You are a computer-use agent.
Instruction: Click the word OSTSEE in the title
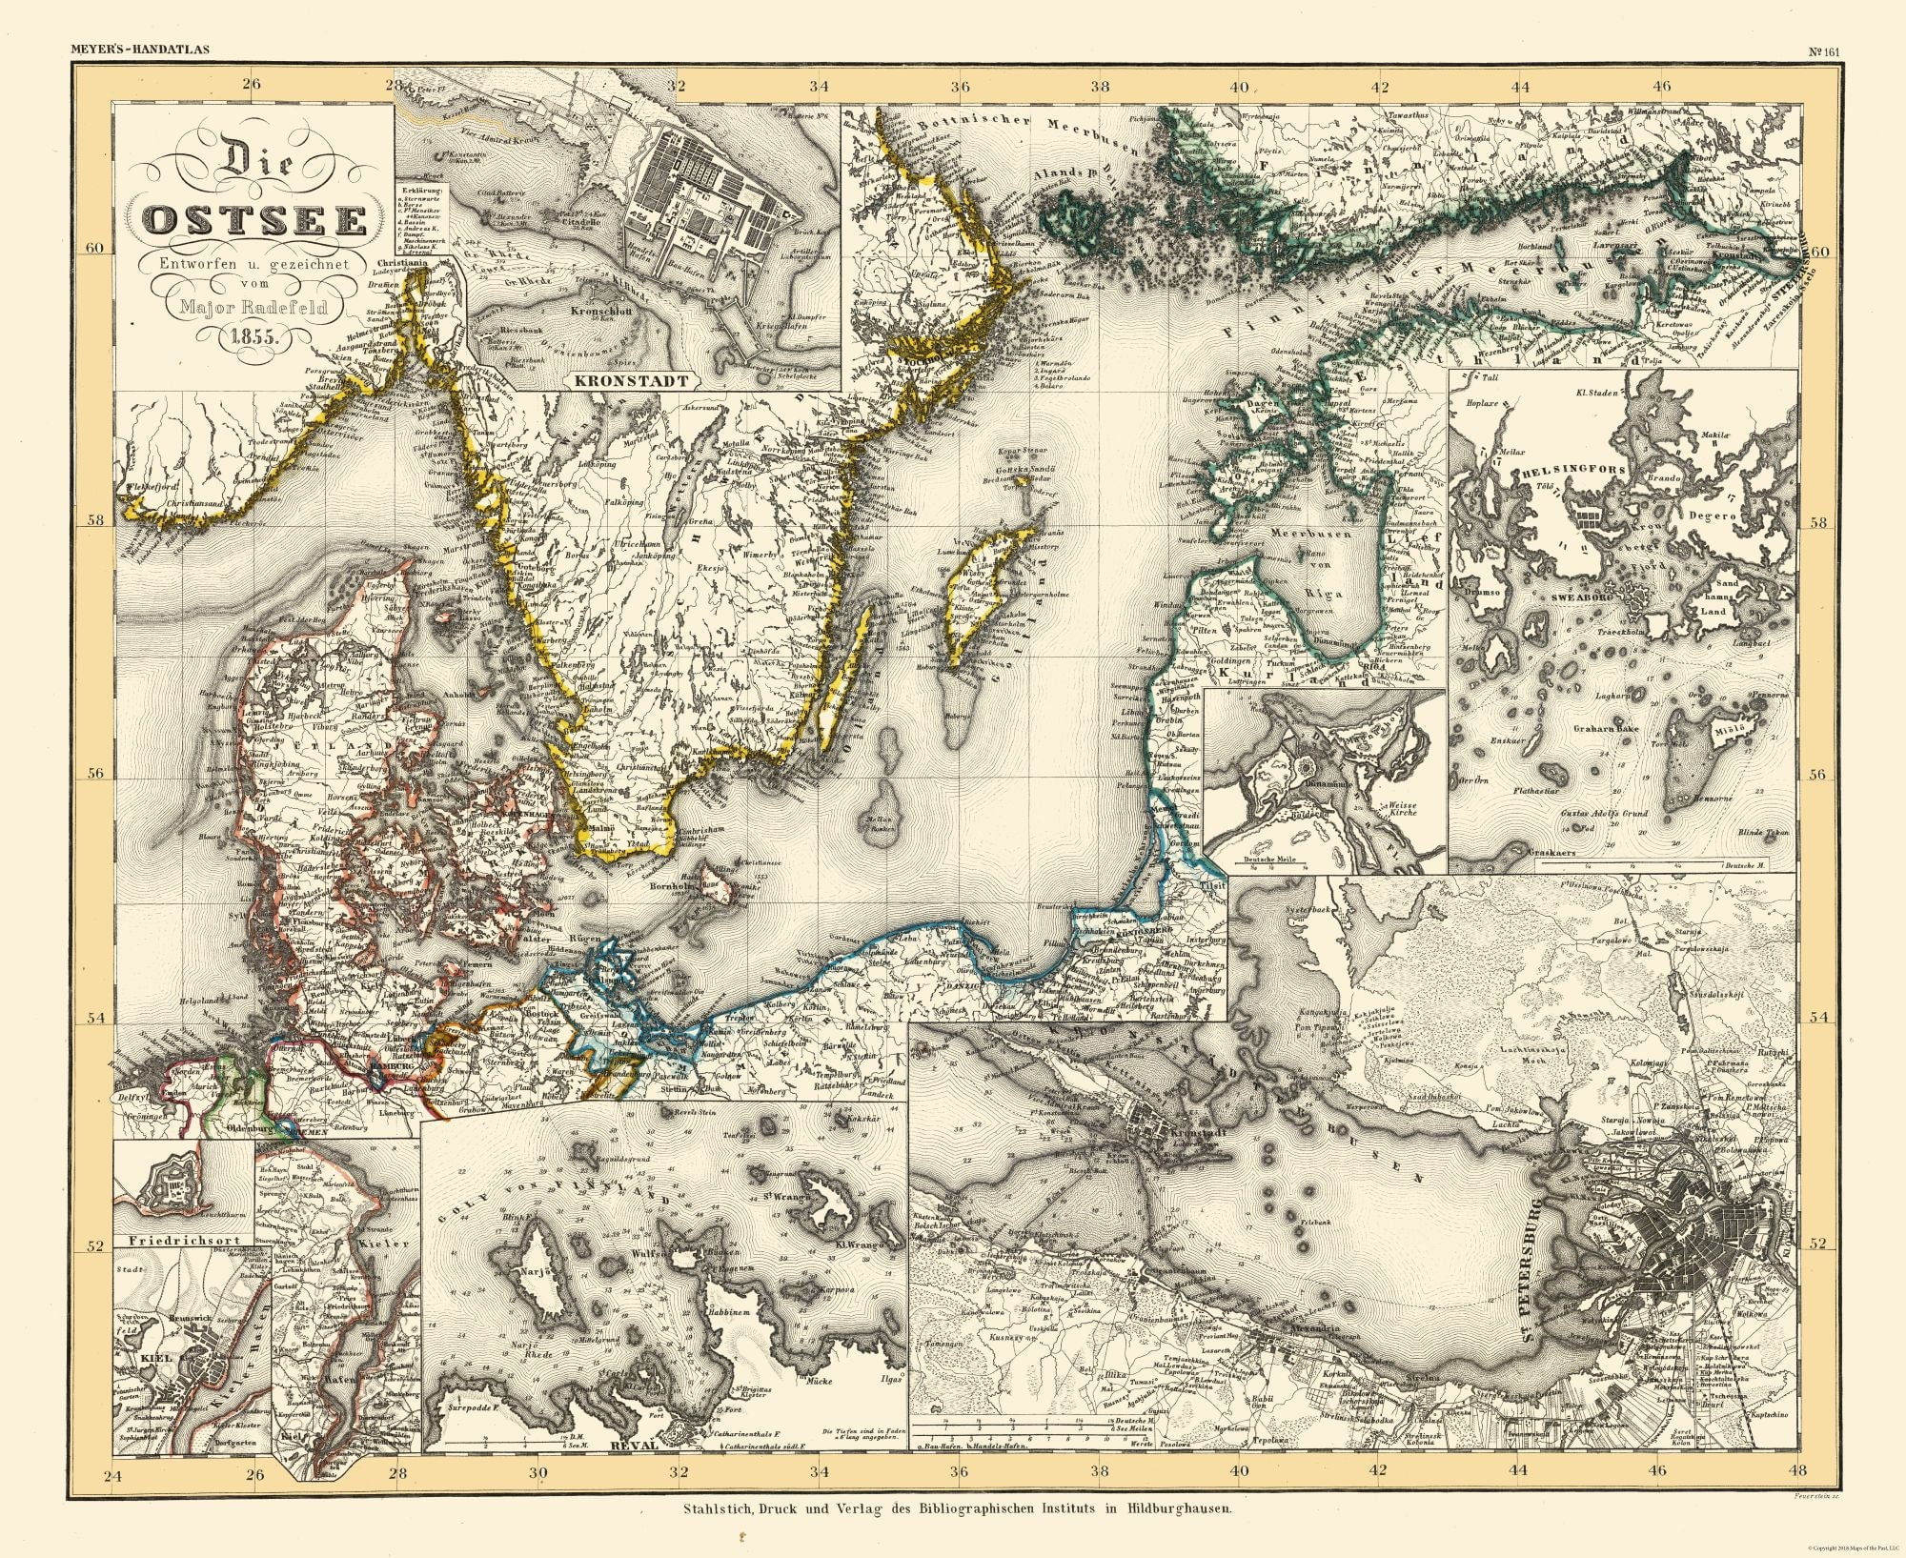point(253,220)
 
